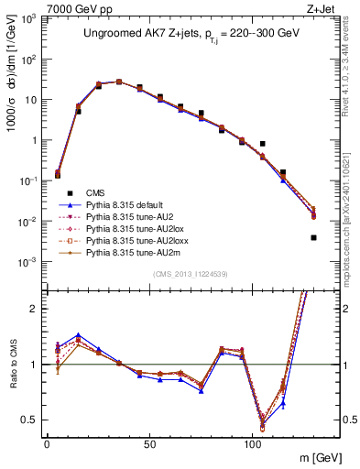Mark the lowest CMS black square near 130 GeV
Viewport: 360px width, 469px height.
[313, 237]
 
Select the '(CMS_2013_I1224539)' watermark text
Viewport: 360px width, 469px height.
[191, 273]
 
